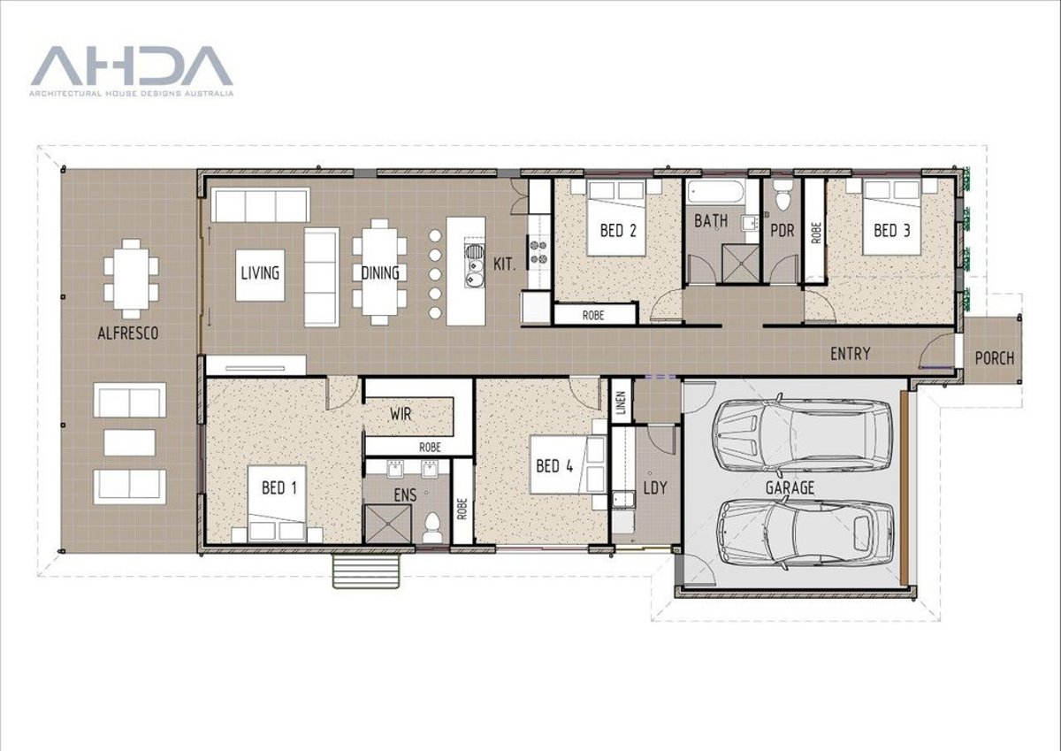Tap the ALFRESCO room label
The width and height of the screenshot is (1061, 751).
point(129,333)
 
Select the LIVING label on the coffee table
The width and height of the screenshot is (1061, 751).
point(260,272)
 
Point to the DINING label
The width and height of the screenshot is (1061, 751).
point(379,273)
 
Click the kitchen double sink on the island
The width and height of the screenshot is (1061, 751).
point(474,266)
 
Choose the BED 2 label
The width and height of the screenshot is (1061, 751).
point(618,231)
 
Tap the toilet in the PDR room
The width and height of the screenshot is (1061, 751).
point(782,196)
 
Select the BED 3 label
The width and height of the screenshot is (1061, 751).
point(891,231)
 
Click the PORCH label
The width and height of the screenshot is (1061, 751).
point(994,358)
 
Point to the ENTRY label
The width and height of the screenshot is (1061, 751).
point(850,354)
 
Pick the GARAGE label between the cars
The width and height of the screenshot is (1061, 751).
point(790,487)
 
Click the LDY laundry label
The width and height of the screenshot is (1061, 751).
point(655,487)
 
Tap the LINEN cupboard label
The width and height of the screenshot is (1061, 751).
point(621,403)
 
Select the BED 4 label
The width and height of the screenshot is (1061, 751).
point(553,464)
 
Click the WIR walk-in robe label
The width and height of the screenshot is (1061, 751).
point(403,413)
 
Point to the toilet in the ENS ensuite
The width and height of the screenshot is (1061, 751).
point(432,528)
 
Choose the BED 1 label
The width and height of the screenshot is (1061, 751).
point(279,487)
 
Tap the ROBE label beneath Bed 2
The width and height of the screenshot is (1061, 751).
point(593,314)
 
